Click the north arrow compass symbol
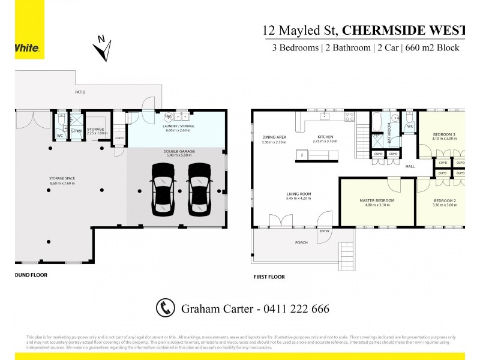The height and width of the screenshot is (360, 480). pyautogui.click(x=103, y=49)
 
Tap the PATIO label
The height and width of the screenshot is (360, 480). pyautogui.click(x=79, y=92)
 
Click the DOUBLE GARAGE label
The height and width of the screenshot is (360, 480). pyautogui.click(x=176, y=152)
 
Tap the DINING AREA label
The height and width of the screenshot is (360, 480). pyautogui.click(x=274, y=137)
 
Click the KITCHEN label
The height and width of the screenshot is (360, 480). pyautogui.click(x=325, y=137)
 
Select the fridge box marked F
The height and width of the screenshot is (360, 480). pyautogui.click(x=302, y=156)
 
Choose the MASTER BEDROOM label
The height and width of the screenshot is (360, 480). pyautogui.click(x=377, y=200)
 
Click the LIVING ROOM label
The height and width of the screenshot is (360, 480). pyautogui.click(x=298, y=194)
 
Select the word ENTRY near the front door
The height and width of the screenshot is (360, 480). pyautogui.click(x=325, y=231)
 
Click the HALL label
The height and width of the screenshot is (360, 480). pyautogui.click(x=410, y=166)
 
